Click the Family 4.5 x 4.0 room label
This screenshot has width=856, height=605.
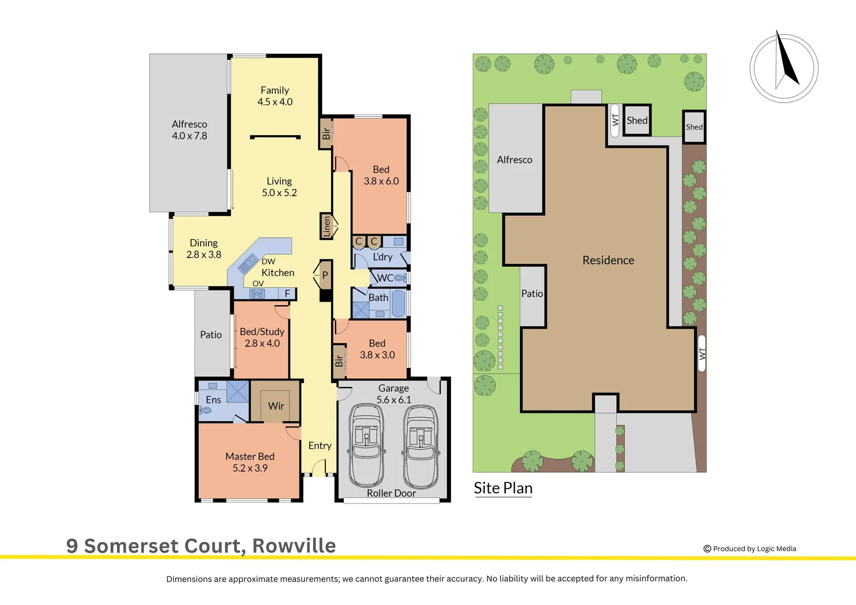click(275, 96)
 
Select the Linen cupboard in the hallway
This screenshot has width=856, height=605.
click(327, 226)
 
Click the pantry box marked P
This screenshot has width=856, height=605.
click(325, 275)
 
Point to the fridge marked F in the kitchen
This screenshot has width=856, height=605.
click(287, 294)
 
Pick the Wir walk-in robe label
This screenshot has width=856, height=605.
click(276, 406)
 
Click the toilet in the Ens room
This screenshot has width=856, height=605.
click(206, 410)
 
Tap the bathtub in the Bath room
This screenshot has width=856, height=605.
click(398, 304)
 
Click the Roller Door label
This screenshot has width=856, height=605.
click(391, 493)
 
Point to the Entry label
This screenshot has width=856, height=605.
click(320, 446)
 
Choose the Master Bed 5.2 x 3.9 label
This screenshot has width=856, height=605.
click(250, 462)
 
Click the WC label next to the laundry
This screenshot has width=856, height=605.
click(385, 278)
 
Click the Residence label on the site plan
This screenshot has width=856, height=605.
click(608, 260)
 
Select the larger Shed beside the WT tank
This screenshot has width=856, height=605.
click(637, 120)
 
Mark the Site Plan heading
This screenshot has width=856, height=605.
click(503, 488)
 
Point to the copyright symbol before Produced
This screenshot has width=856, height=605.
click(707, 549)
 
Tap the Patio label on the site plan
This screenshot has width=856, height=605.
click(532, 294)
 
